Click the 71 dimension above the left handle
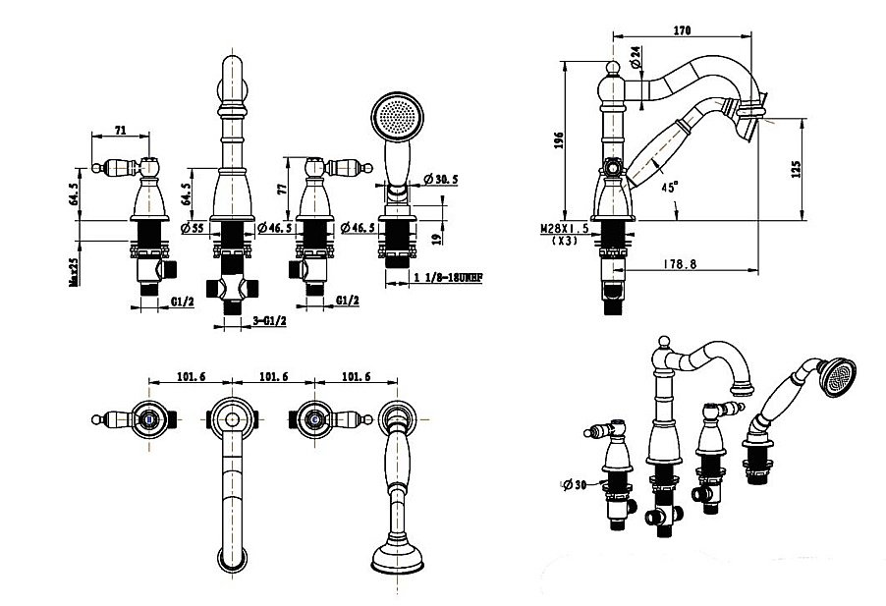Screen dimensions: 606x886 tap(120, 129)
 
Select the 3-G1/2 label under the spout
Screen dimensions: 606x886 tap(268, 321)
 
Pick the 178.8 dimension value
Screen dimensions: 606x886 tap(678, 262)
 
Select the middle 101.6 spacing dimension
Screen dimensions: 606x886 tap(273, 374)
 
